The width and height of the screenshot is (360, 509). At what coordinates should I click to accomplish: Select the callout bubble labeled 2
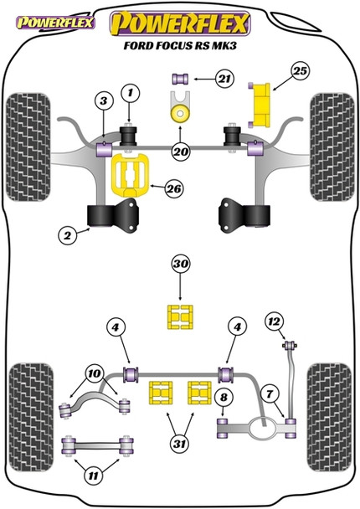pyautogui.click(x=67, y=237)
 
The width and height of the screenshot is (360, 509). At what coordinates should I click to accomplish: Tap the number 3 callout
pyautogui.click(x=102, y=102)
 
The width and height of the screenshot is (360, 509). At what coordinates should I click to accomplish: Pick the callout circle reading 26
pyautogui.click(x=173, y=189)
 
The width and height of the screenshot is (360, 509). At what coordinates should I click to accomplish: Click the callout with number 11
pyautogui.click(x=95, y=476)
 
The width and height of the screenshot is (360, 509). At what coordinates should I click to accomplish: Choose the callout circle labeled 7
pyautogui.click(x=268, y=393)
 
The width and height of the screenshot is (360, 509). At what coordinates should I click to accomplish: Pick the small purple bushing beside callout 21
pyautogui.click(x=178, y=80)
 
